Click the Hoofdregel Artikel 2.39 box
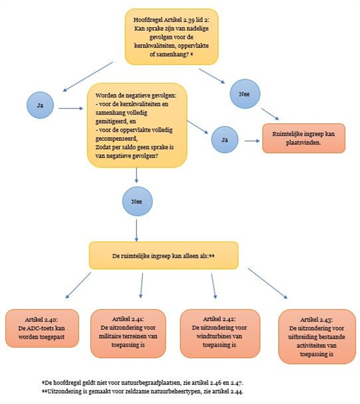coord(172,37)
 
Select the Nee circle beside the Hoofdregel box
coord(245,94)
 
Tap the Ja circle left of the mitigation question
coord(40,105)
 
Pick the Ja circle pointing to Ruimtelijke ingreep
coord(225,139)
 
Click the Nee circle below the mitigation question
coord(137,201)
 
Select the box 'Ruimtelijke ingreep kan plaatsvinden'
coord(304,138)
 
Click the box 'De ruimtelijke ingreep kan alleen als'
coord(163,256)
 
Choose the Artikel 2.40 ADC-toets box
coord(42,328)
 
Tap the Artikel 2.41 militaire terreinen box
coord(128,333)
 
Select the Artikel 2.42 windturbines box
coord(220,333)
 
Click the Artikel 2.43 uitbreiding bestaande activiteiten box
coord(317,336)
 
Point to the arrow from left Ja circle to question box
coord(71,108)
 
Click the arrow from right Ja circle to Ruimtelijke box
coord(252,141)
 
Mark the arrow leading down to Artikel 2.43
coord(268,283)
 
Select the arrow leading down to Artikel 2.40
coord(78,286)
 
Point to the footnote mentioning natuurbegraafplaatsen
coord(142,382)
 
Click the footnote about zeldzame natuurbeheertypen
coord(142,391)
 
